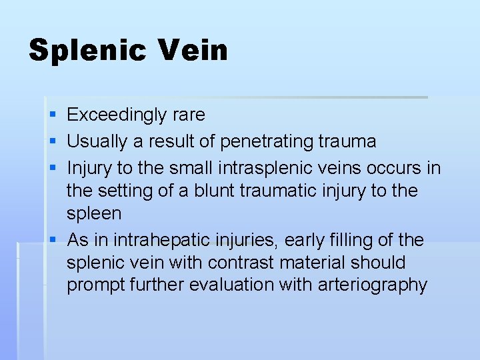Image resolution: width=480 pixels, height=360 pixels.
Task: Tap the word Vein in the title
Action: (193, 51)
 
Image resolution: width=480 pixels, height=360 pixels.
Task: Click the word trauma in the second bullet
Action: (347, 141)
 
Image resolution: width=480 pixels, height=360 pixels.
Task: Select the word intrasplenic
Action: (264, 167)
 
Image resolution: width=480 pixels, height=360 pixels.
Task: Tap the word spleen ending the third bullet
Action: (94, 214)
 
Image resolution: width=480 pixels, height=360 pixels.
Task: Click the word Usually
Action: (94, 141)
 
